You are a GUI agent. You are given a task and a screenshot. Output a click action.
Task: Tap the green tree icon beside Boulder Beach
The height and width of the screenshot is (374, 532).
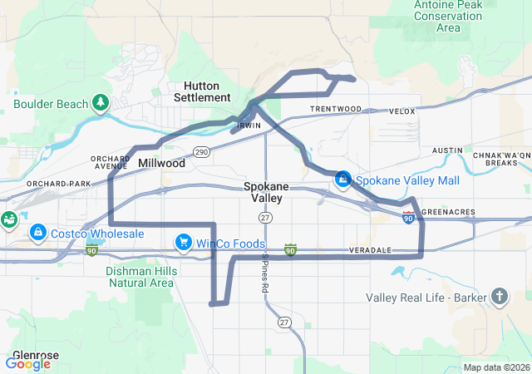[x=101, y=101]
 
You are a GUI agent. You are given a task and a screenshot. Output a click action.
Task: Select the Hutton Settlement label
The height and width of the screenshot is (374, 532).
[x=201, y=91]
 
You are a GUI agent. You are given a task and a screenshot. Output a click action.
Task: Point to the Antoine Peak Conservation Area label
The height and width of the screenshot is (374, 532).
[x=448, y=16]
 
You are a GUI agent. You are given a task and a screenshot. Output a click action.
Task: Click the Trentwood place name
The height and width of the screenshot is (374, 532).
[x=336, y=109]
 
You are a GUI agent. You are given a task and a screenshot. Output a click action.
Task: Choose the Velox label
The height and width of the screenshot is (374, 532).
[x=401, y=111]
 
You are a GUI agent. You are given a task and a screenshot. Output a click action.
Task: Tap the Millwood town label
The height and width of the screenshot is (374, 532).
[x=161, y=164]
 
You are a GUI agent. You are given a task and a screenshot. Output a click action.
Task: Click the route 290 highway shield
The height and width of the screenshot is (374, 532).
[x=202, y=152]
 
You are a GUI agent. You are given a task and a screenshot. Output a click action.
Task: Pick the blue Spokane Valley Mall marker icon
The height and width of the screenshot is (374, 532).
[x=342, y=180]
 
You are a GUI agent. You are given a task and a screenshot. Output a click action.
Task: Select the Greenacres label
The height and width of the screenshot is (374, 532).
[x=449, y=212]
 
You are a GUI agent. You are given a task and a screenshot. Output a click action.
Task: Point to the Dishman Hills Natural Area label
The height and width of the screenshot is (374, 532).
[x=140, y=277]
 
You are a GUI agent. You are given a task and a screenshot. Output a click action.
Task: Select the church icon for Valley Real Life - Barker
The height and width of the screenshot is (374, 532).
[x=499, y=297]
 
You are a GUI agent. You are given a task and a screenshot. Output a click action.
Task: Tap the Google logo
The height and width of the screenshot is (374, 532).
[x=27, y=363]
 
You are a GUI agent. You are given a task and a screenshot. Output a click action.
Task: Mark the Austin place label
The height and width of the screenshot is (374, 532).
[x=447, y=150]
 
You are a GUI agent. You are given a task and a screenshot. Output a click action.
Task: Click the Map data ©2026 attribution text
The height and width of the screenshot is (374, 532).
[x=495, y=367]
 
